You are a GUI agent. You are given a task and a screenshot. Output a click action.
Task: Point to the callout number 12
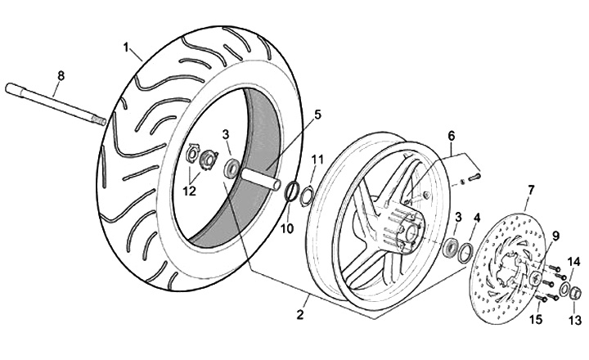pos(189,192)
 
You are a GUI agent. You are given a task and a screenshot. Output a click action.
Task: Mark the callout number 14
pos(573,261)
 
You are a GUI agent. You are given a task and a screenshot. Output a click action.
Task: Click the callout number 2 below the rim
pos(300,313)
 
